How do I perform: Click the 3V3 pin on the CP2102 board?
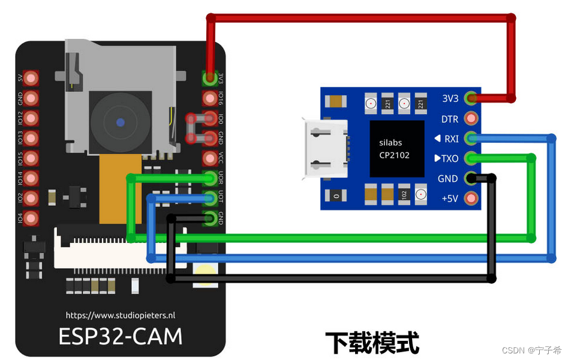(471, 98)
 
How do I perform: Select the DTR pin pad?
(471, 118)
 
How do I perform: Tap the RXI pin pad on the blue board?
(471, 139)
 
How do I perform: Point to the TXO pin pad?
(471, 158)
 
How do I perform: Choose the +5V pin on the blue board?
(471, 198)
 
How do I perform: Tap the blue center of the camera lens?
(121, 122)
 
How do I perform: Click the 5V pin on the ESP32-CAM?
(32, 77)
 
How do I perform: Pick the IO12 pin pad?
(32, 118)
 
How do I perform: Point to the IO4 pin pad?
(32, 218)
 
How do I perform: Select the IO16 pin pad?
(210, 98)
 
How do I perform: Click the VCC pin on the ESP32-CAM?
(210, 158)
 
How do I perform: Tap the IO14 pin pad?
(32, 178)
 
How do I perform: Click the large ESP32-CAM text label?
(121, 336)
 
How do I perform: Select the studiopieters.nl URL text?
(121, 314)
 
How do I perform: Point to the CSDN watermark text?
(531, 350)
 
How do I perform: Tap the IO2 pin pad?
(32, 198)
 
